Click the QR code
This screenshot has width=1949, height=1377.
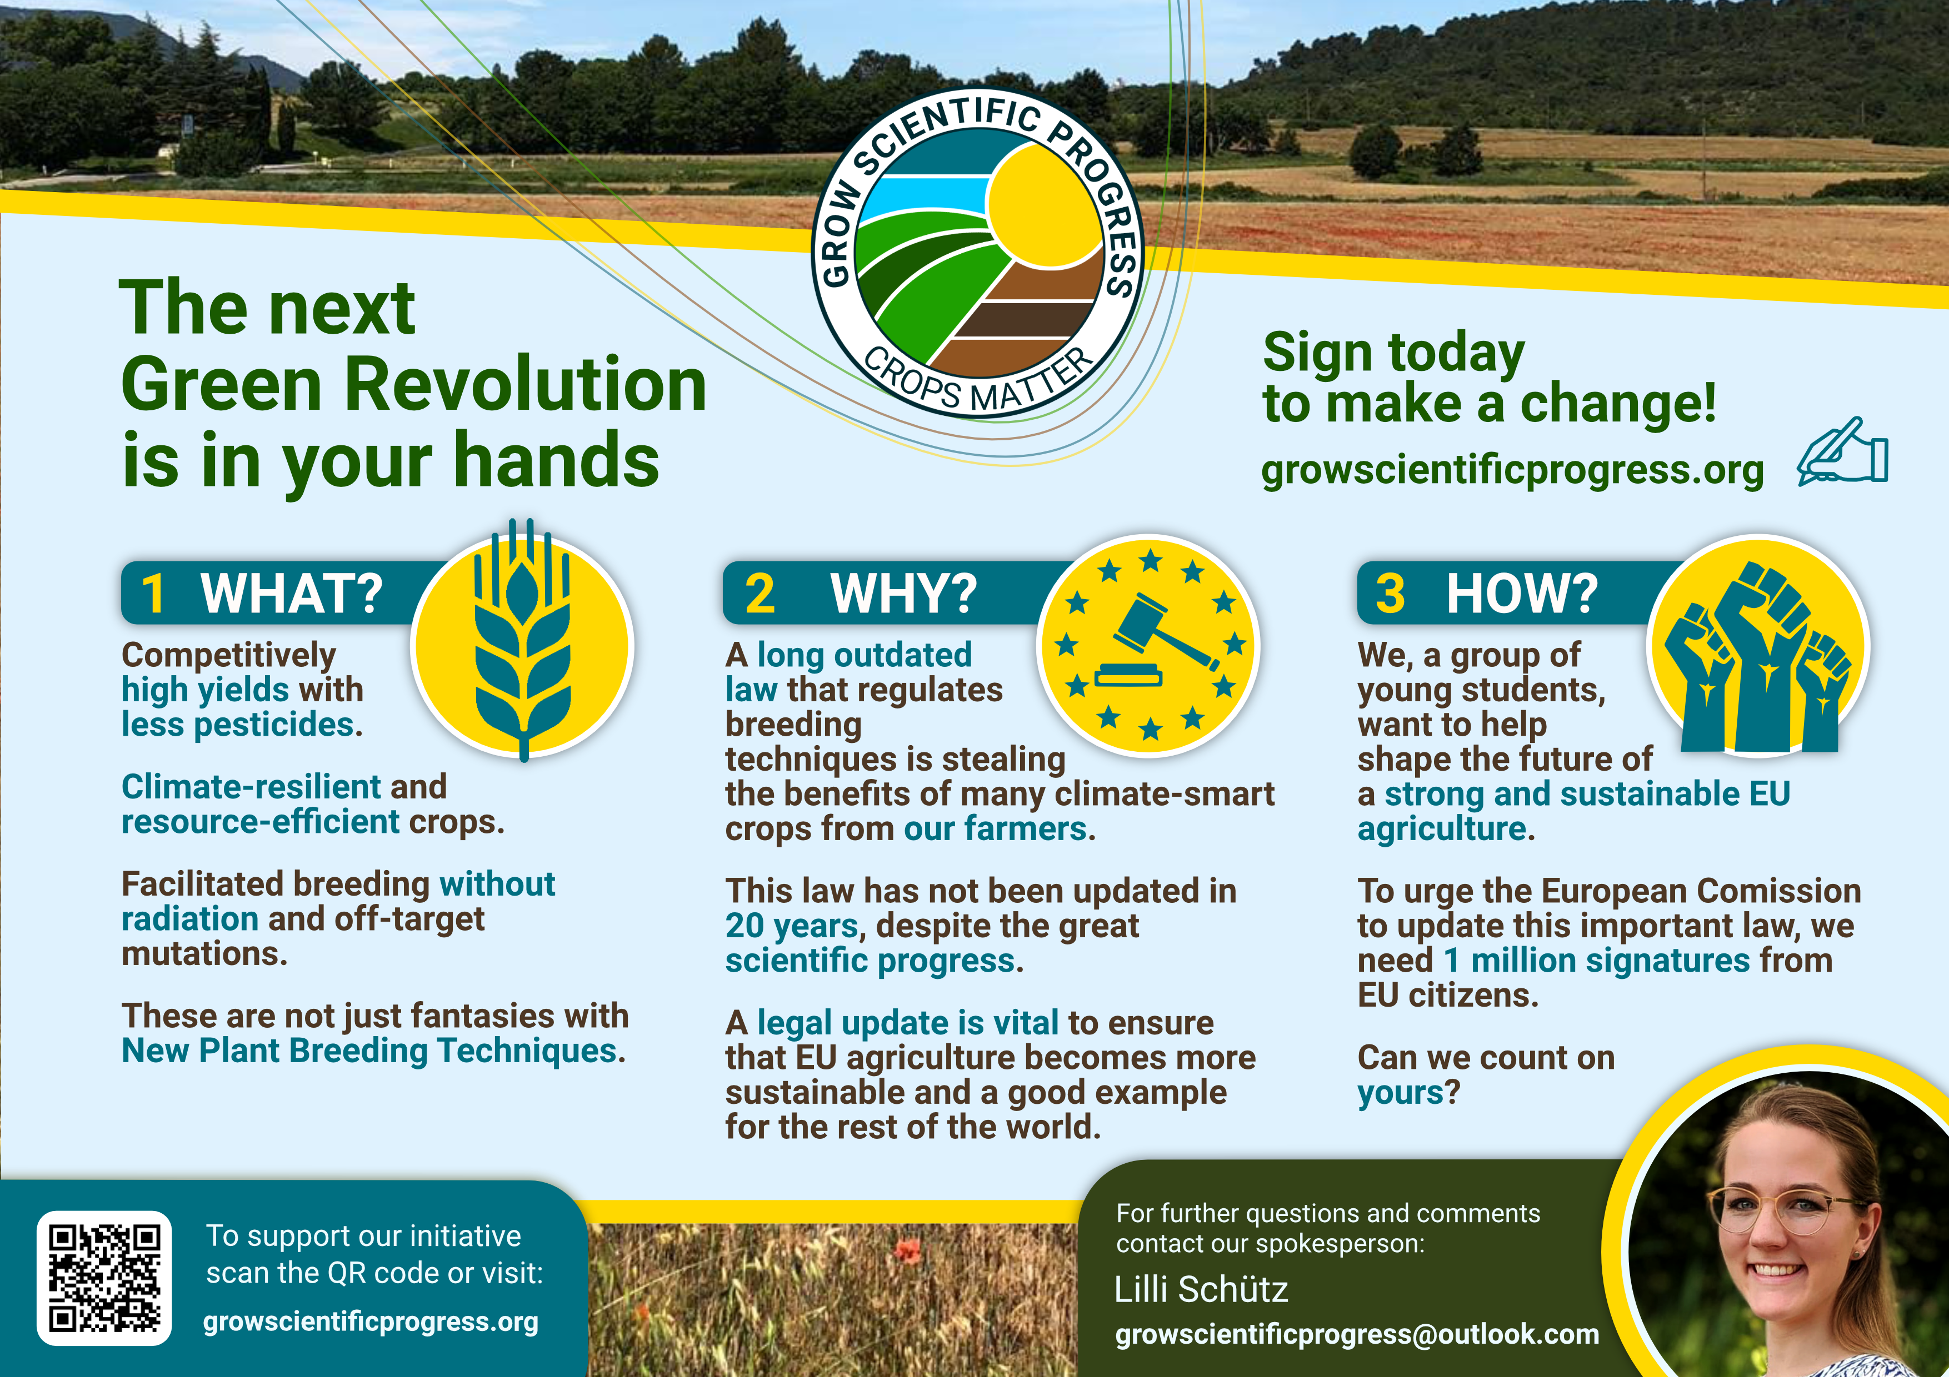(x=103, y=1278)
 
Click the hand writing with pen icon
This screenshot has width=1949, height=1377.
(x=1842, y=452)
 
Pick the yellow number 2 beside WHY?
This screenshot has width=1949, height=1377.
(x=759, y=593)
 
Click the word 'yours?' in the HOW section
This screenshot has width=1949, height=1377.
(x=1408, y=1093)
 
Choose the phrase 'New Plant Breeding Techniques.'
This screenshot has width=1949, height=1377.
(x=373, y=1051)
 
